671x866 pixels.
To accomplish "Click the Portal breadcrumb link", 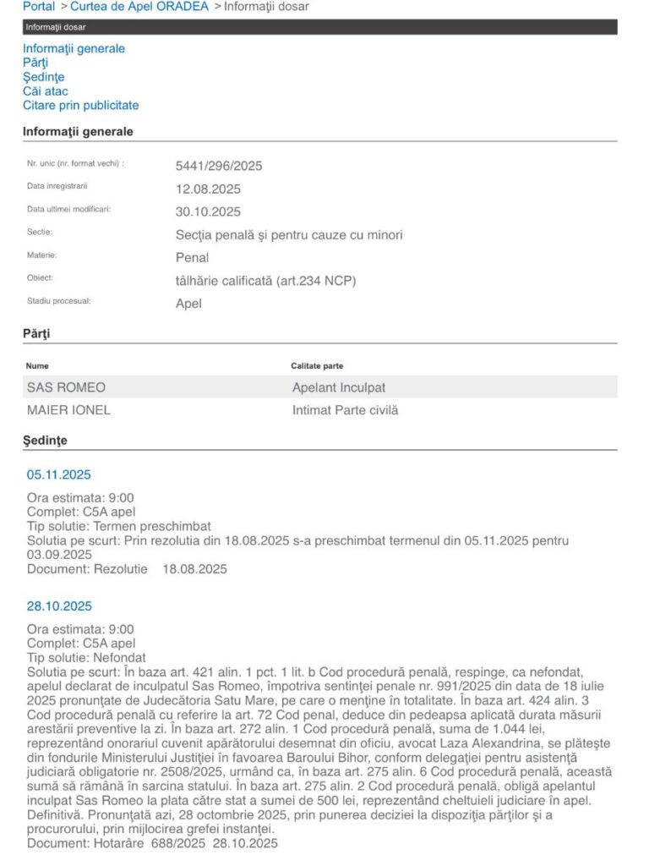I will coord(40,7).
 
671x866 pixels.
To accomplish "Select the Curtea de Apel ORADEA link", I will coord(139,7).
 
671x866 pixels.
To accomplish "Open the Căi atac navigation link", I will coord(46,91).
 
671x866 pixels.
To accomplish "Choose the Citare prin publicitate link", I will coord(81,106).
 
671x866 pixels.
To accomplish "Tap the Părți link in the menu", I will coord(35,63).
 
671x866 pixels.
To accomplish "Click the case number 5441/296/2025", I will coord(219,166).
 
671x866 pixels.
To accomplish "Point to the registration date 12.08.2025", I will coord(208,189).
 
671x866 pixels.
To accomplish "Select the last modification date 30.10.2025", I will coord(208,211).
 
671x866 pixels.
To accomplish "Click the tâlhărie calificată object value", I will coord(265,281).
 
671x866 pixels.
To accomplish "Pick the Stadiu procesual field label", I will coord(58,300).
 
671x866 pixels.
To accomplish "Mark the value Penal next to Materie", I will coord(192,257).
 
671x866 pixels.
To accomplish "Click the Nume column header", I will coord(38,366).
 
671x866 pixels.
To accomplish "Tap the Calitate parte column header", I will coord(317,366).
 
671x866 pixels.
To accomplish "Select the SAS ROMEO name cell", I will coord(67,387).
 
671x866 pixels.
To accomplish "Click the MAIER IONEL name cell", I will coord(69,410).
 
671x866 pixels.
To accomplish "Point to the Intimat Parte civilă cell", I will coord(345,410).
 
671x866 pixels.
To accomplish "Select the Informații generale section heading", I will coord(78,132).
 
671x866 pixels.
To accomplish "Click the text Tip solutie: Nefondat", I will coord(86,657).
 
